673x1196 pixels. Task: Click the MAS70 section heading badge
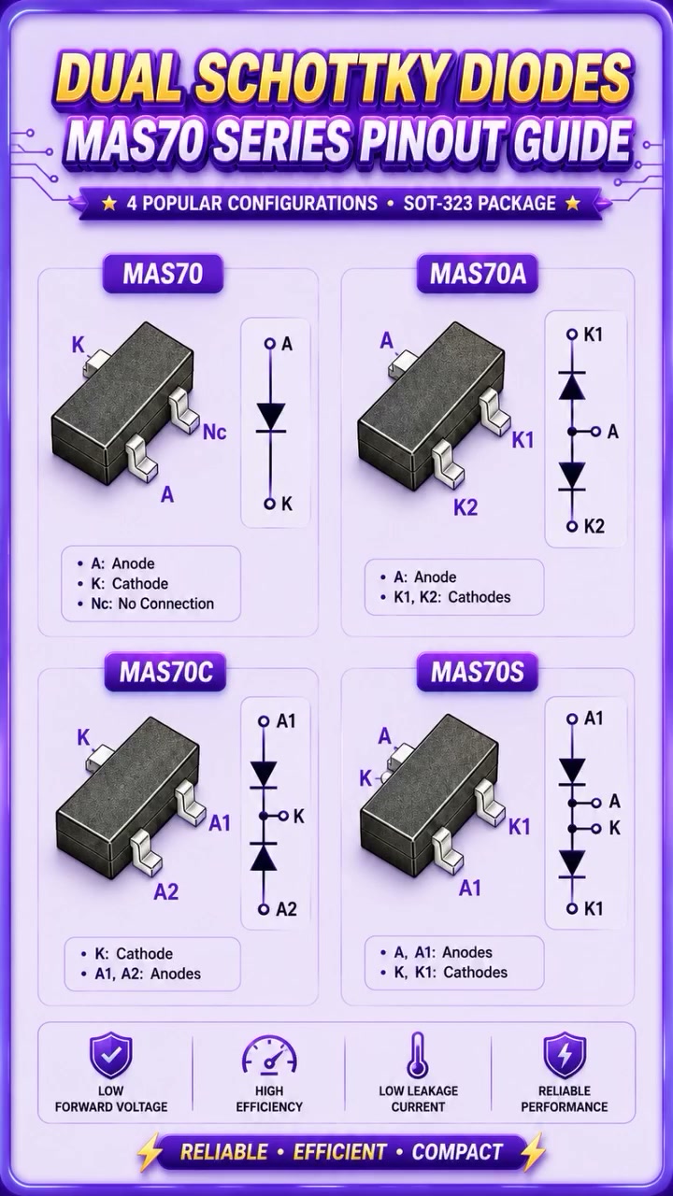tap(163, 274)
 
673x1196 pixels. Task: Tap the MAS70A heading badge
tap(477, 274)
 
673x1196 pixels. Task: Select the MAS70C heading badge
tap(165, 672)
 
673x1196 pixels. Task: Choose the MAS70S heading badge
tap(477, 672)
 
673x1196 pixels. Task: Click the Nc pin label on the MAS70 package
tap(215, 432)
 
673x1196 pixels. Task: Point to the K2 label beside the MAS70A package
tap(465, 507)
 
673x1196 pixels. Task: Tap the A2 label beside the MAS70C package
tap(166, 891)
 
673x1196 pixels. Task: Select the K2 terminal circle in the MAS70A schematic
tap(573, 526)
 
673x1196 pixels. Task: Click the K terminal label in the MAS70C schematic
tap(298, 816)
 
